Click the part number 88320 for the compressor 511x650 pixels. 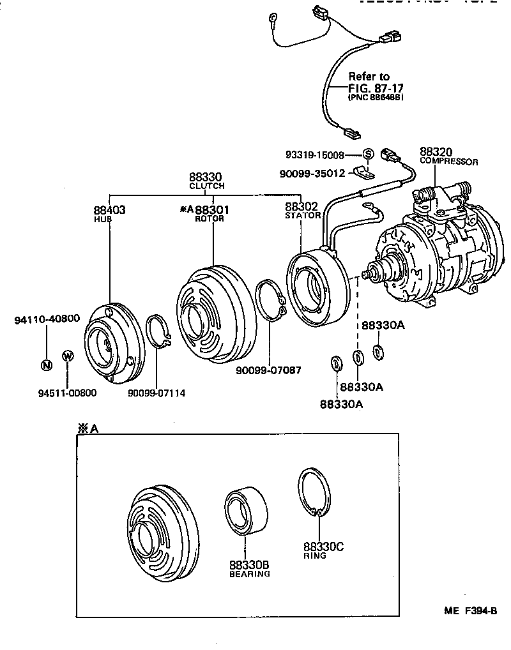[436, 152]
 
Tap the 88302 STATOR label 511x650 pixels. [301, 210]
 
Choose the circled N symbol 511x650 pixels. [46, 365]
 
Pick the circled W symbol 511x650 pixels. [68, 356]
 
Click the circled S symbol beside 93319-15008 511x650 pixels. [368, 155]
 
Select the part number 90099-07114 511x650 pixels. [156, 393]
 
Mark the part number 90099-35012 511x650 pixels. [312, 172]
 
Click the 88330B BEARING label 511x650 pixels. [249, 568]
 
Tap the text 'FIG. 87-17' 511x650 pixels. [376, 87]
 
